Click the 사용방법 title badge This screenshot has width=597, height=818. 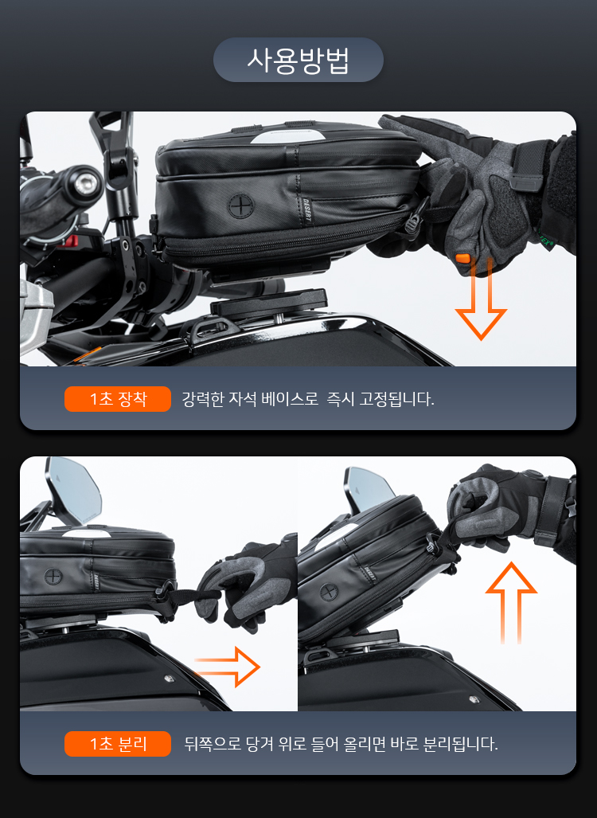click(x=298, y=60)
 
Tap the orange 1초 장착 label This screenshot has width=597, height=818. click(x=118, y=399)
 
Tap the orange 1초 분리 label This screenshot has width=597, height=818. click(x=118, y=743)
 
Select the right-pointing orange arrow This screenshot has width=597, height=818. click(x=228, y=667)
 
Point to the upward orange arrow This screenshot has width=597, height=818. click(x=511, y=602)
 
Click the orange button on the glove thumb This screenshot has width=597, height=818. click(x=462, y=258)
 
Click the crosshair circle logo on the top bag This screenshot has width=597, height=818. click(x=241, y=205)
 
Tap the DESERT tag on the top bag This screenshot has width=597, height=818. click(x=306, y=211)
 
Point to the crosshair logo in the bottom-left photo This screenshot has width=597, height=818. click(x=53, y=577)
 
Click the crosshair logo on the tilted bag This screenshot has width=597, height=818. click(x=328, y=593)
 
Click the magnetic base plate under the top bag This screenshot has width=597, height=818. click(x=269, y=303)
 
